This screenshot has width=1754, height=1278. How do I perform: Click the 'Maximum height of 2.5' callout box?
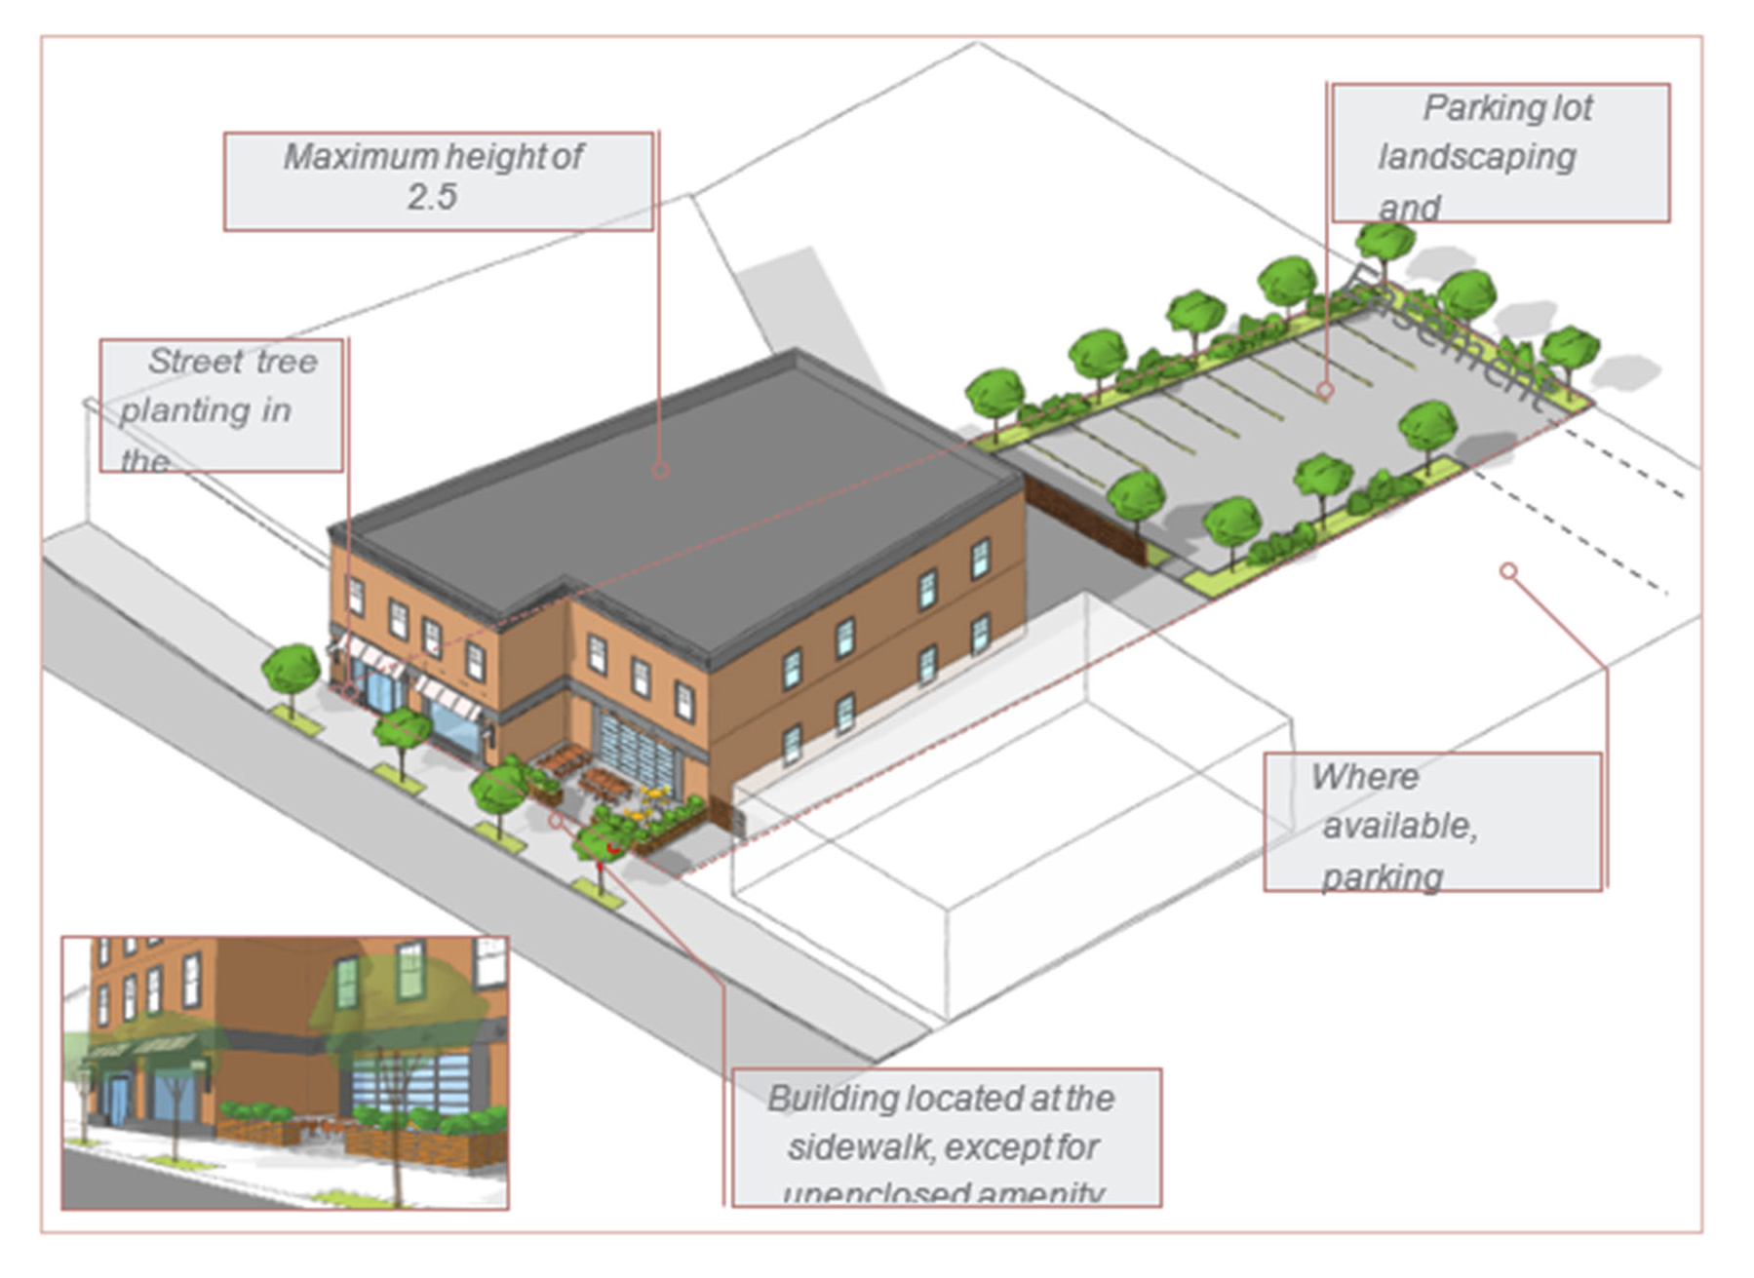438,181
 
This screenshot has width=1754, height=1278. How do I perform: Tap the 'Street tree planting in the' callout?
221,406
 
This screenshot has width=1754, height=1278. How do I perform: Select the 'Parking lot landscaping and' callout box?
1500,153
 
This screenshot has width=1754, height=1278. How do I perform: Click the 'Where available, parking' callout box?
1431,822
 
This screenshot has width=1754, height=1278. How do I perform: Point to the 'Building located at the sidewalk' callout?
946,1138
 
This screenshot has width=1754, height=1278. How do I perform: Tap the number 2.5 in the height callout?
432,198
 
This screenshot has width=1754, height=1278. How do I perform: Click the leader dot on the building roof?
660,471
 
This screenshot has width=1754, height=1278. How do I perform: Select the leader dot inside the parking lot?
1325,390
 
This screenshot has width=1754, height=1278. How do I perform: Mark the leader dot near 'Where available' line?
1508,570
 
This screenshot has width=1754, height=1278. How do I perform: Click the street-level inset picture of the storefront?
285,1073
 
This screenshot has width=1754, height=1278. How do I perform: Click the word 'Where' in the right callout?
1364,777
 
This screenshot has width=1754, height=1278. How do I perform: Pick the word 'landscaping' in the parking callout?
1476,158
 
